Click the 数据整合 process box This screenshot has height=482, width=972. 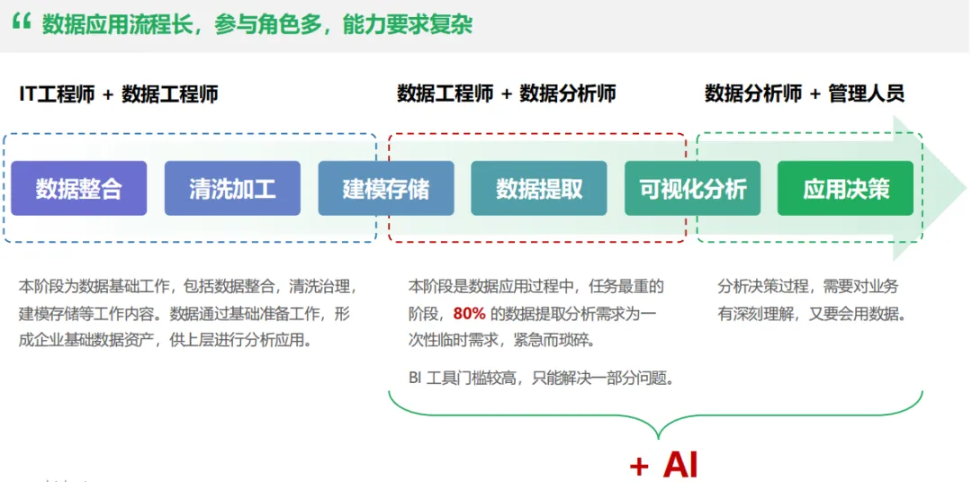[x=79, y=189]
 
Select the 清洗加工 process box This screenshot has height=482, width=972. [x=232, y=189]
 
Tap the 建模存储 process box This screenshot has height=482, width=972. [x=386, y=189]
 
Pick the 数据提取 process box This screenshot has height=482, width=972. [x=539, y=189]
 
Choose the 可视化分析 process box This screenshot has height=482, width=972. [x=692, y=189]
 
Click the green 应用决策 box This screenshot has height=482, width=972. [x=845, y=189]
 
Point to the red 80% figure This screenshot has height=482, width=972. [x=470, y=314]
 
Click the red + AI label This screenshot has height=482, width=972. [x=663, y=464]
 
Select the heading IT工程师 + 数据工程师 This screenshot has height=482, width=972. [x=118, y=94]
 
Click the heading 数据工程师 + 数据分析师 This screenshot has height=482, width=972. [x=506, y=94]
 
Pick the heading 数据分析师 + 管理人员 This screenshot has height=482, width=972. [x=804, y=94]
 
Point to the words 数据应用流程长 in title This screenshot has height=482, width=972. [x=119, y=24]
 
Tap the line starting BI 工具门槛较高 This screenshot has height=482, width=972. [x=541, y=378]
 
